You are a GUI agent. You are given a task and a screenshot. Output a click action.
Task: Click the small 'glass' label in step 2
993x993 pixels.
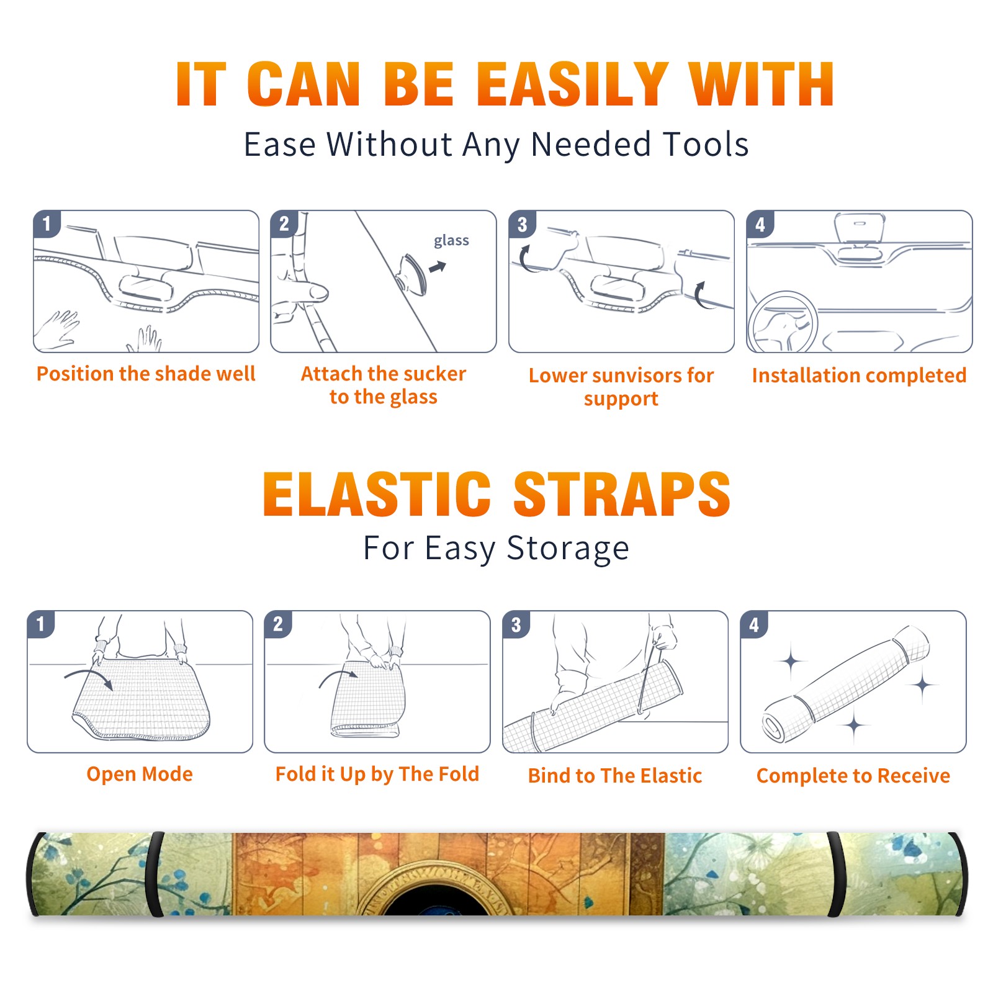point(451,241)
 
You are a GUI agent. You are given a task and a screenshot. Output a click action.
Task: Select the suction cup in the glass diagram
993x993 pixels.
point(413,274)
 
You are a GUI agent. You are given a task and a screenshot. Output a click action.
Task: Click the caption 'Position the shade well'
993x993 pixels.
point(146,374)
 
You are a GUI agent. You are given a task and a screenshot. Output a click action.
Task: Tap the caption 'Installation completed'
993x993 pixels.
point(859,375)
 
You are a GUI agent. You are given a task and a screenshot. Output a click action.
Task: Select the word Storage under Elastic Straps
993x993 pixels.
point(568,549)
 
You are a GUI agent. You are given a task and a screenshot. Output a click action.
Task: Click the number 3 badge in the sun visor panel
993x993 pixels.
point(522,225)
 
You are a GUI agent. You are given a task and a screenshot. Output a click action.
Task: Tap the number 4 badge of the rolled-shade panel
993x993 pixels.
point(754,624)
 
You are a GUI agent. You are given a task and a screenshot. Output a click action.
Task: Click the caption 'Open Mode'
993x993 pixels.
point(140,774)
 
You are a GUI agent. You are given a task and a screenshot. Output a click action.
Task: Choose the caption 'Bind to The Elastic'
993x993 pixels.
point(615,775)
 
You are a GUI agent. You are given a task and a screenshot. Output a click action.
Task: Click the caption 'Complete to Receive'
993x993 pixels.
point(853,775)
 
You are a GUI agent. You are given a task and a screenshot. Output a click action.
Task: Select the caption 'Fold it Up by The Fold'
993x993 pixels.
point(377,774)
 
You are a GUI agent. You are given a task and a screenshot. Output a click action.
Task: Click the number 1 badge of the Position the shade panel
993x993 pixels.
point(47,223)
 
